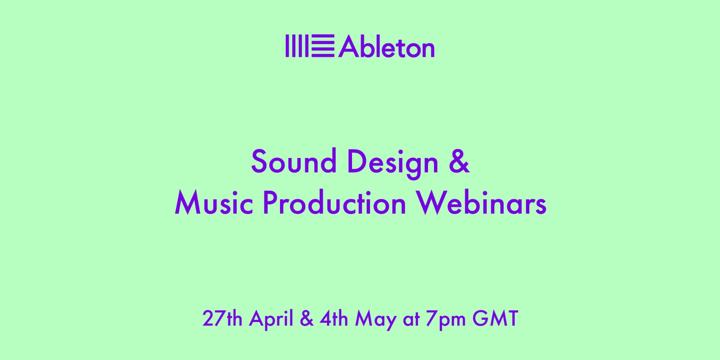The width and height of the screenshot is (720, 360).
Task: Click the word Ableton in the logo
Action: tap(386, 46)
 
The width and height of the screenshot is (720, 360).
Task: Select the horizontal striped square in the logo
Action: tap(323, 46)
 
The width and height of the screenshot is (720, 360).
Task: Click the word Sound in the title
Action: tap(294, 162)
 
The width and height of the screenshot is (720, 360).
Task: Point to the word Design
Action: tap(392, 162)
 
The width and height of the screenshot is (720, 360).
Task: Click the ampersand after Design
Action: tap(459, 162)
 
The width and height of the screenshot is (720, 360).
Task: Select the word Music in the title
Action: tap(214, 203)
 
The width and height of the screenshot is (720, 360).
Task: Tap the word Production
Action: tap(334, 203)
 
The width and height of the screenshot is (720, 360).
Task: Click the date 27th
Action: tap(222, 319)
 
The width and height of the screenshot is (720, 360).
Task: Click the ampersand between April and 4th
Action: tap(306, 319)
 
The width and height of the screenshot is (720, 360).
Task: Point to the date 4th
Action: tap(334, 319)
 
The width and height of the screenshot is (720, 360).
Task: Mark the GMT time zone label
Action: tap(495, 319)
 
